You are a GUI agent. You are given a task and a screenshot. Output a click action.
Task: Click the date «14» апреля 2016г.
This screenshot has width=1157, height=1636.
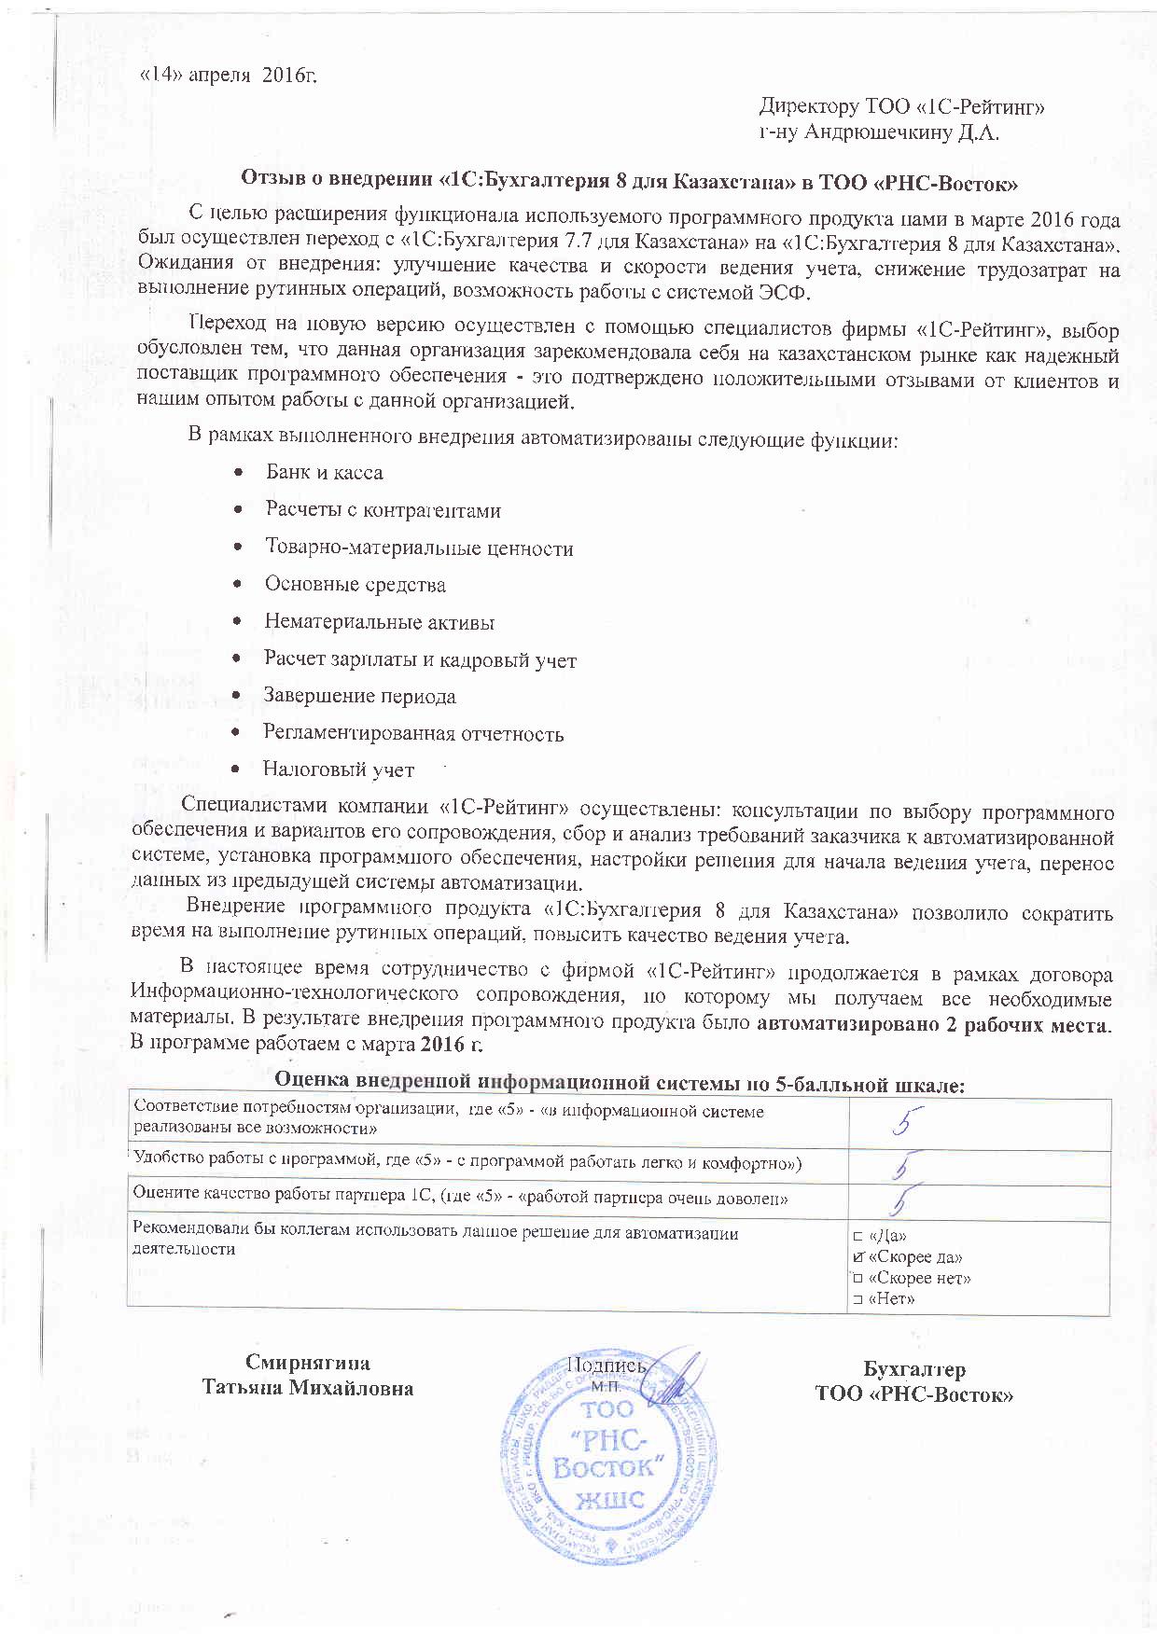pos(228,75)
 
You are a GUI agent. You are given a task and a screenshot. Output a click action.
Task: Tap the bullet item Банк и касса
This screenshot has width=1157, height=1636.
pos(324,472)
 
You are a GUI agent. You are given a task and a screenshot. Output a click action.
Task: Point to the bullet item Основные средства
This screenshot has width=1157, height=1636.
pos(355,585)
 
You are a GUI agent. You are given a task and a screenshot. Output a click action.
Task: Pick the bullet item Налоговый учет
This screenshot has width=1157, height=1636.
pos(338,769)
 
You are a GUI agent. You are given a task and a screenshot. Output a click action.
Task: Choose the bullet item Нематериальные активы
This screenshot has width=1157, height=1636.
pos(379,622)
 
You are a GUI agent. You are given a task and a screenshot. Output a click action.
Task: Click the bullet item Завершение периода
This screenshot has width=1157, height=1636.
pos(359,696)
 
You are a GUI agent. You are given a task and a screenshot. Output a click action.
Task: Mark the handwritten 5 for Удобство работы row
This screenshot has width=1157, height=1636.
pos(904,1166)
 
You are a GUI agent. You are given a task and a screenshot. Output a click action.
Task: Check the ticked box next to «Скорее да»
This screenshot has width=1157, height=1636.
pos(857,1257)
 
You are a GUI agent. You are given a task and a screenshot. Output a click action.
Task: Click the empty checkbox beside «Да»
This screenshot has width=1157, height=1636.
pos(857,1236)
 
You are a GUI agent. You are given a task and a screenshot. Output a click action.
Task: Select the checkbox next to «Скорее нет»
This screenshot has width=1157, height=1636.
pos(857,1278)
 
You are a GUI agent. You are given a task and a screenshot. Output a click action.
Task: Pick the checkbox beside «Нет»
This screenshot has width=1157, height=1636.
pos(857,1298)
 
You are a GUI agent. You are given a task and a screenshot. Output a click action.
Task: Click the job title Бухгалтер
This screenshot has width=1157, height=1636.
pos(913,1369)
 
